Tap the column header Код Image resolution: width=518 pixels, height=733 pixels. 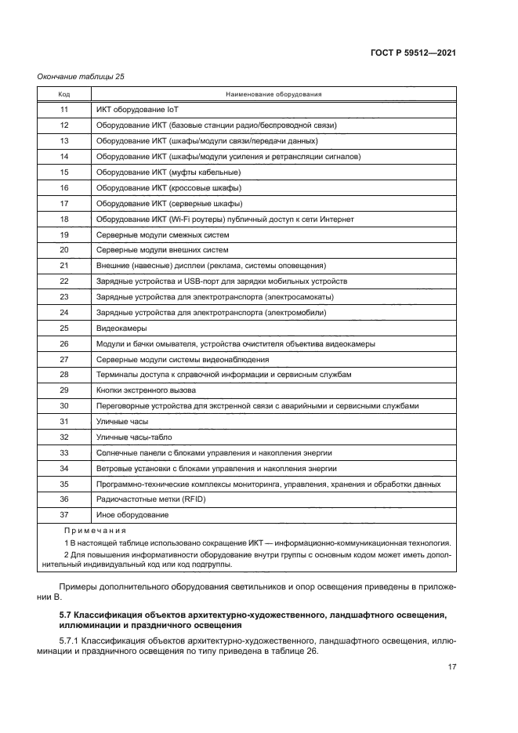(64, 94)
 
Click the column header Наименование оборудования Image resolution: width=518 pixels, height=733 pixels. (273, 94)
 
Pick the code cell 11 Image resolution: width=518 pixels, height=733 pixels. (64, 110)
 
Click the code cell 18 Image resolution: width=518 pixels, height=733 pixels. (64, 219)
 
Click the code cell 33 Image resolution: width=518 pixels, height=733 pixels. (64, 452)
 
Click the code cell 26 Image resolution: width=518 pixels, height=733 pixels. (64, 343)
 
